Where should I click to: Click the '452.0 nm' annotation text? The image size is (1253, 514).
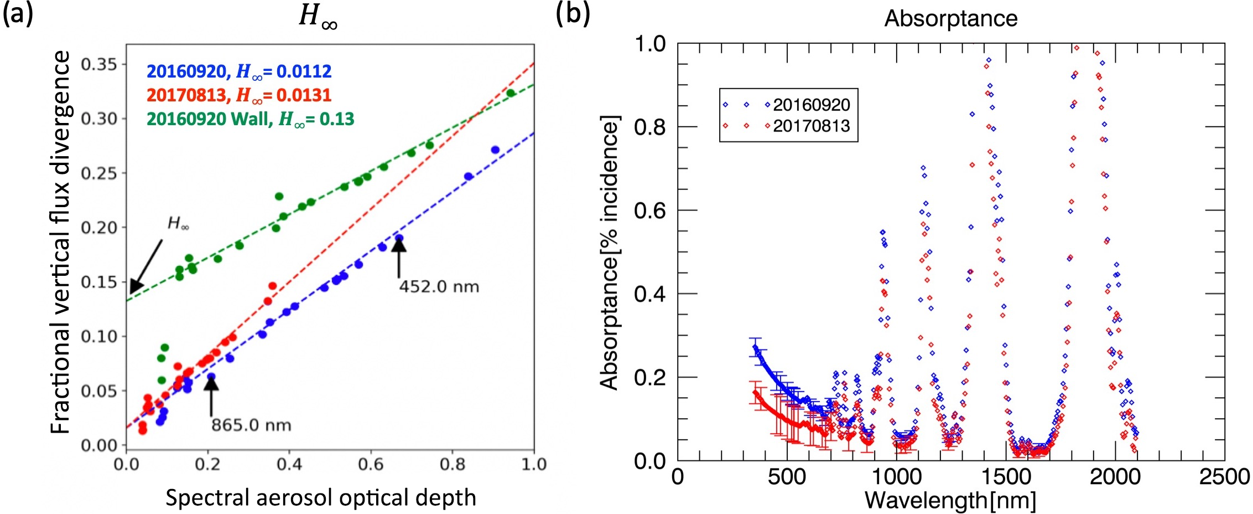[439, 286]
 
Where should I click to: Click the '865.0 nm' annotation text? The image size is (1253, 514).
[251, 425]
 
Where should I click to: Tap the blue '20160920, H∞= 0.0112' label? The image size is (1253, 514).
[239, 71]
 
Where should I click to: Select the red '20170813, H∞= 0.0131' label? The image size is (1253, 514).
[239, 95]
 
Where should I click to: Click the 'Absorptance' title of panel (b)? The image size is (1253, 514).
[950, 19]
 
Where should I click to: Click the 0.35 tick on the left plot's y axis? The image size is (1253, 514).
[100, 65]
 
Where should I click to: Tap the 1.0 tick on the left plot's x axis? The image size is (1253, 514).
[534, 464]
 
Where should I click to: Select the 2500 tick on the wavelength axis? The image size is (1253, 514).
[1224, 477]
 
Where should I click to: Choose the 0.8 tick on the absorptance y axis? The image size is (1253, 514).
[650, 127]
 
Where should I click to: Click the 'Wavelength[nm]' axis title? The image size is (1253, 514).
[950, 500]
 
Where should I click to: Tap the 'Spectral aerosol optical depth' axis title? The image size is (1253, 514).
[321, 497]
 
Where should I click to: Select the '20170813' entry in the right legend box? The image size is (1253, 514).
[811, 126]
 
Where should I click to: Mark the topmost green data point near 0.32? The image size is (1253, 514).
[511, 93]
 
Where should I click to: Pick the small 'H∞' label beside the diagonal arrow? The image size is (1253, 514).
[178, 223]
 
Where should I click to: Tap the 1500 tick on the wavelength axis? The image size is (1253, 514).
[1005, 477]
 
